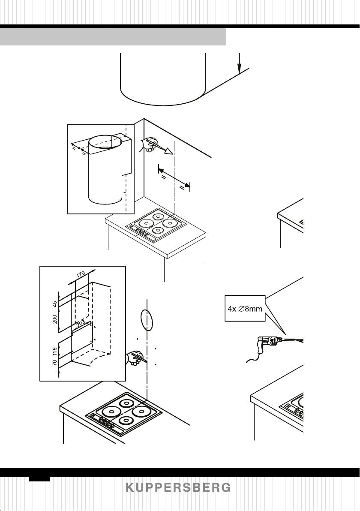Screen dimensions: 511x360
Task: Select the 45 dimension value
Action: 55,304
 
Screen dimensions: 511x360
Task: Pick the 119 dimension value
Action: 55,352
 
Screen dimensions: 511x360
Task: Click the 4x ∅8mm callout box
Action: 245,308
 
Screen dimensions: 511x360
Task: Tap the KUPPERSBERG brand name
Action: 178,488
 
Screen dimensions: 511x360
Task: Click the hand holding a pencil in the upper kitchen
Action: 150,145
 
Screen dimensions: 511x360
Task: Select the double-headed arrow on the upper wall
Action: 174,178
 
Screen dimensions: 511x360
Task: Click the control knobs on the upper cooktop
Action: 142,234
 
